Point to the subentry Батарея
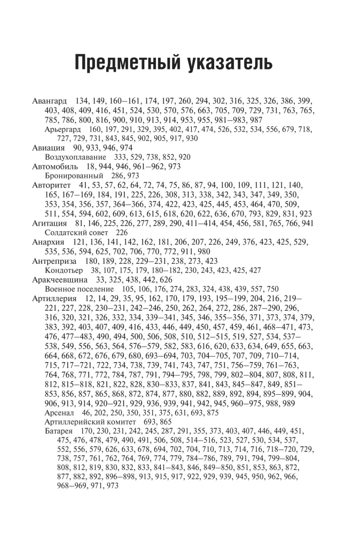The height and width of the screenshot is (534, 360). tap(59, 431)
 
